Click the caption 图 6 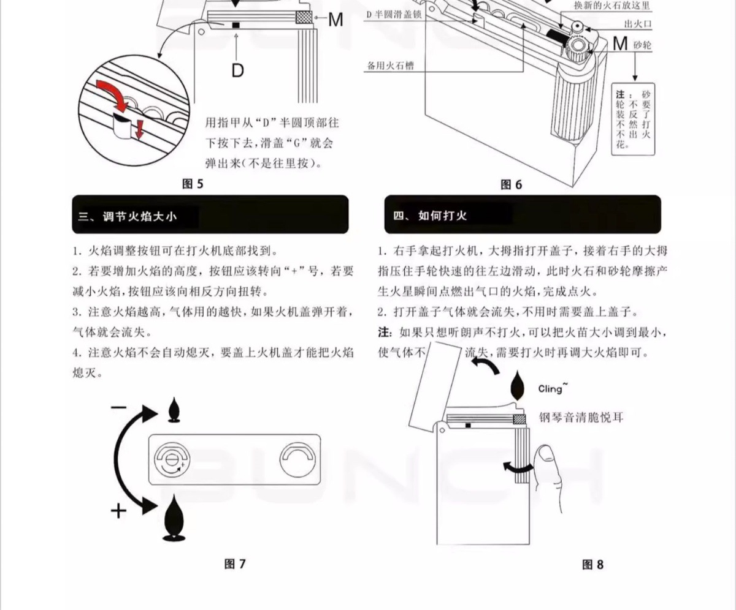pos(511,184)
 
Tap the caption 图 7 pos(235,563)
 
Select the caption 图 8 pos(592,564)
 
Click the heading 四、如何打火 pos(438,216)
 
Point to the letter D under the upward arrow pos(237,70)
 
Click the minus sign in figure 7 pos(119,407)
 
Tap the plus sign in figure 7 pos(118,510)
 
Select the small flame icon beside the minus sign pos(175,410)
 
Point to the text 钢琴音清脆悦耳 pos(581,418)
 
